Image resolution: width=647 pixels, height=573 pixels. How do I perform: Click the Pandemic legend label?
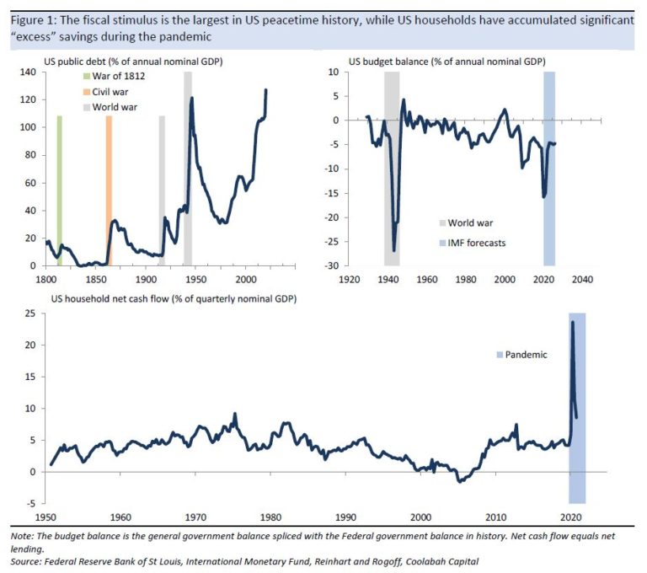coord(525,355)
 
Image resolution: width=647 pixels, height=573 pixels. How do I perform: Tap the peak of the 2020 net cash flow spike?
coord(573,322)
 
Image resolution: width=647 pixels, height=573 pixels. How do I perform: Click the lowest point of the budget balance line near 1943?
coord(393,250)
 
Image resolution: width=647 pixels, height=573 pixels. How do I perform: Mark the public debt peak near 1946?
coord(191,99)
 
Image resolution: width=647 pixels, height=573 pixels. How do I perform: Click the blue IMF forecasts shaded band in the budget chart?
coord(549,169)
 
